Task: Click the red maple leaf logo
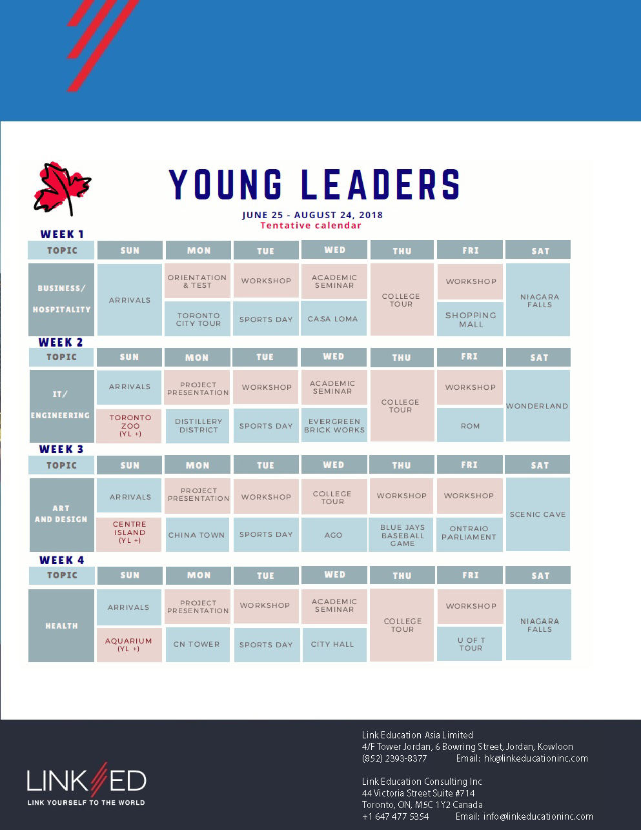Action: pyautogui.click(x=62, y=188)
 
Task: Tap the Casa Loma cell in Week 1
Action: pyautogui.click(x=334, y=319)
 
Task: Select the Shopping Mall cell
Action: pyautogui.click(x=470, y=319)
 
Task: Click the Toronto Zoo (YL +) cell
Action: pyautogui.click(x=129, y=426)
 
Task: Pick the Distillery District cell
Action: pyautogui.click(x=198, y=426)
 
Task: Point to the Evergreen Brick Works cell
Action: pyautogui.click(x=334, y=425)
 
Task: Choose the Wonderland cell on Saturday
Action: pyautogui.click(x=538, y=406)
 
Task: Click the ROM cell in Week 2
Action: pyautogui.click(x=470, y=425)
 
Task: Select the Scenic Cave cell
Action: pyautogui.click(x=538, y=514)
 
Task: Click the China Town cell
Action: pyautogui.click(x=197, y=535)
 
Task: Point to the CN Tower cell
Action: pyautogui.click(x=198, y=644)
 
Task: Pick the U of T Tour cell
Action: pyautogui.click(x=470, y=644)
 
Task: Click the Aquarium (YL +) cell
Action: pyautogui.click(x=129, y=645)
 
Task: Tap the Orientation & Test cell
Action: pyautogui.click(x=198, y=281)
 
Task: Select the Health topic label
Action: pyautogui.click(x=61, y=625)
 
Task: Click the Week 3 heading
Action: pyautogui.click(x=61, y=449)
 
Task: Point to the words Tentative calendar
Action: pyautogui.click(x=311, y=225)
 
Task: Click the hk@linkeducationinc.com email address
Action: pyautogui.click(x=536, y=758)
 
